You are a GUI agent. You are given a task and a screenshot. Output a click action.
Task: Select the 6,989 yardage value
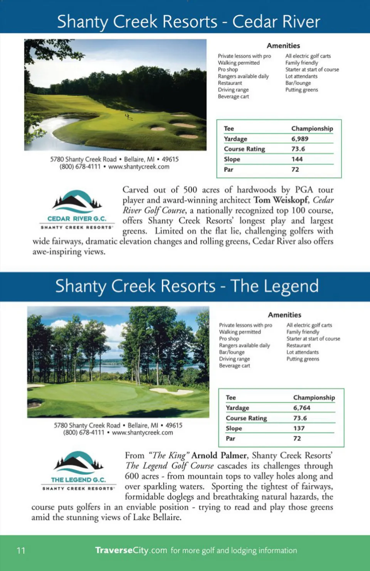[x=299, y=139]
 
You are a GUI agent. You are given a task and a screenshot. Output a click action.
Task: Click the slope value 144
[x=297, y=159]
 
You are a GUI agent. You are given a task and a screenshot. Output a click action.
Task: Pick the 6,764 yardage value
[x=301, y=408]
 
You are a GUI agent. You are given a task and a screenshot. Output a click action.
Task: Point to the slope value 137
[x=299, y=428]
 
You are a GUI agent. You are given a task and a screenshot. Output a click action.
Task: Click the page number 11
[x=21, y=551]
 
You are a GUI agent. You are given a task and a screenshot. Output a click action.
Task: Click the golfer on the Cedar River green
[x=127, y=116]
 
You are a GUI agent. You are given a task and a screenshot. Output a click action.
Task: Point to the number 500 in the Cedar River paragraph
[x=190, y=190]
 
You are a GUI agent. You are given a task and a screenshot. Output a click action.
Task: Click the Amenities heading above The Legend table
[x=284, y=315]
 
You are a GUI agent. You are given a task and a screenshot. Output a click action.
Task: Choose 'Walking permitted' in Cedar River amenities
[x=239, y=63]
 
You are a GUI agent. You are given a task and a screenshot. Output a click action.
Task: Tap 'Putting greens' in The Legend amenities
[x=303, y=359]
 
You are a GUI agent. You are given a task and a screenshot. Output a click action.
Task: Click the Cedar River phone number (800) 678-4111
[x=80, y=167]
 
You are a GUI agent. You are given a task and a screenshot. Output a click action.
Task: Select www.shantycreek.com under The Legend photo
[x=142, y=432]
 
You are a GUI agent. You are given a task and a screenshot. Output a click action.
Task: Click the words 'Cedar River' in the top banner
[x=276, y=22]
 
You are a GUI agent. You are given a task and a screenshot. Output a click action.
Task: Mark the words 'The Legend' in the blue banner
[x=274, y=286]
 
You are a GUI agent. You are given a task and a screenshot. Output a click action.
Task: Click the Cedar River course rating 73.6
[x=298, y=149]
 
